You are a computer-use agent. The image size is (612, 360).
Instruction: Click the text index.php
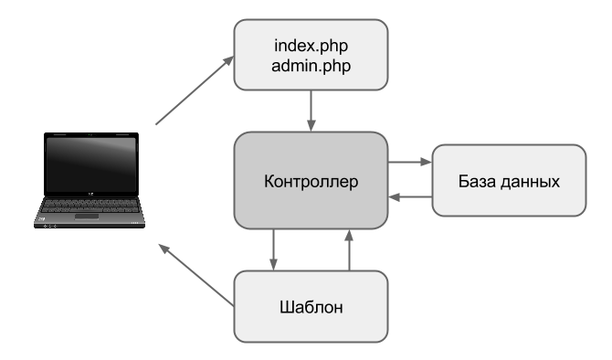(x=311, y=46)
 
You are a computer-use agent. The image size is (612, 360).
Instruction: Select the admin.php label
(x=311, y=66)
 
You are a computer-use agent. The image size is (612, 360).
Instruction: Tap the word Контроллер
(x=311, y=182)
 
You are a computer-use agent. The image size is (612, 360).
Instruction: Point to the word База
(x=478, y=181)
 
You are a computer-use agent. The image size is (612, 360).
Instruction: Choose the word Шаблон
(x=311, y=307)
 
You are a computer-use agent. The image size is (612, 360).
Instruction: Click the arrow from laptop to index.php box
(x=195, y=90)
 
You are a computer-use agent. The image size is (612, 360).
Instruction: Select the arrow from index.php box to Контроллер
(x=311, y=111)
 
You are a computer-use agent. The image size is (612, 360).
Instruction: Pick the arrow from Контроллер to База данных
(x=410, y=162)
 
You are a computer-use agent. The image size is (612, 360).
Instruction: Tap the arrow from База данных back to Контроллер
(x=410, y=196)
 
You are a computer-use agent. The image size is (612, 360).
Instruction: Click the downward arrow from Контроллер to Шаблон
(x=274, y=249)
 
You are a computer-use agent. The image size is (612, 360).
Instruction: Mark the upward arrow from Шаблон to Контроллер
(x=349, y=249)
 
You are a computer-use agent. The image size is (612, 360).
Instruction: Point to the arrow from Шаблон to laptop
(x=196, y=274)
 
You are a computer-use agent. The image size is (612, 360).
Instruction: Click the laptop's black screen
(x=91, y=164)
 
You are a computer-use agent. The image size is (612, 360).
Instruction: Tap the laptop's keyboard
(x=90, y=206)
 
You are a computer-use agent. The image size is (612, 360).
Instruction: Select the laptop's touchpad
(x=87, y=217)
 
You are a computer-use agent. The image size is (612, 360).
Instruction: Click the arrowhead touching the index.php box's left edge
(x=228, y=61)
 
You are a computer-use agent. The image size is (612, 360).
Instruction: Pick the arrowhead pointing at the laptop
(x=164, y=249)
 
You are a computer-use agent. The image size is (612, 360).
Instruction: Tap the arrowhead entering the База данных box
(x=427, y=162)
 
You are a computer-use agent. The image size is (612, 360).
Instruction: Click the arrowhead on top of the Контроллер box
(x=311, y=126)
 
